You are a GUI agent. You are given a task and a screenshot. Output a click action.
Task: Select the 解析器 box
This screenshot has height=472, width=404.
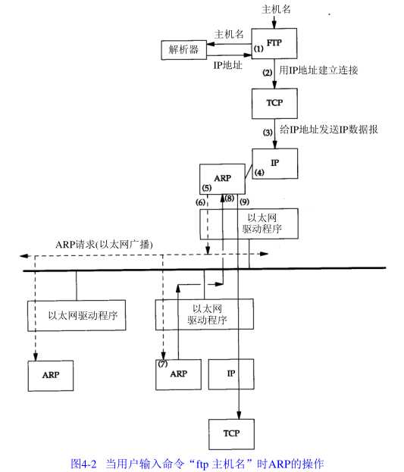click(x=184, y=50)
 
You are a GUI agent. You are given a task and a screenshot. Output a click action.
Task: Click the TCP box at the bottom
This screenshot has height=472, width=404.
click(x=231, y=433)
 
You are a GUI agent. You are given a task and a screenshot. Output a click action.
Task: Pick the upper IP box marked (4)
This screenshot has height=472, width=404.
click(x=275, y=163)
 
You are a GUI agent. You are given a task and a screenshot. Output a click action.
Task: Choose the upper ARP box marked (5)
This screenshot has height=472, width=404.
click(x=222, y=180)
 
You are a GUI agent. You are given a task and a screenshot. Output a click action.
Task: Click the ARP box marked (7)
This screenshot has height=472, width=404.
click(x=179, y=374)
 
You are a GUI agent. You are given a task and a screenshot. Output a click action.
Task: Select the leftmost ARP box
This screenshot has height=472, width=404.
click(x=51, y=374)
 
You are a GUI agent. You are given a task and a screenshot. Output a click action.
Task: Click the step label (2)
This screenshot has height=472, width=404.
click(x=267, y=73)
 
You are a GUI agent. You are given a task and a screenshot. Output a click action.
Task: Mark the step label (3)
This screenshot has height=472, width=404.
click(x=267, y=132)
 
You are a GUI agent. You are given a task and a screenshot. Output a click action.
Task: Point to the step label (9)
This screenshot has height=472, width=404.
click(x=244, y=202)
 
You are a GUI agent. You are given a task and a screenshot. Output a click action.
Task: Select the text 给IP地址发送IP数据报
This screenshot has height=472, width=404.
click(x=329, y=130)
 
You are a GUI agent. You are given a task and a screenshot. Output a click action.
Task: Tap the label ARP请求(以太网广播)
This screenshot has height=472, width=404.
click(x=105, y=244)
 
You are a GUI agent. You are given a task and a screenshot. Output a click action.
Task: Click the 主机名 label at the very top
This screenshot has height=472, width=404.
click(x=276, y=9)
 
